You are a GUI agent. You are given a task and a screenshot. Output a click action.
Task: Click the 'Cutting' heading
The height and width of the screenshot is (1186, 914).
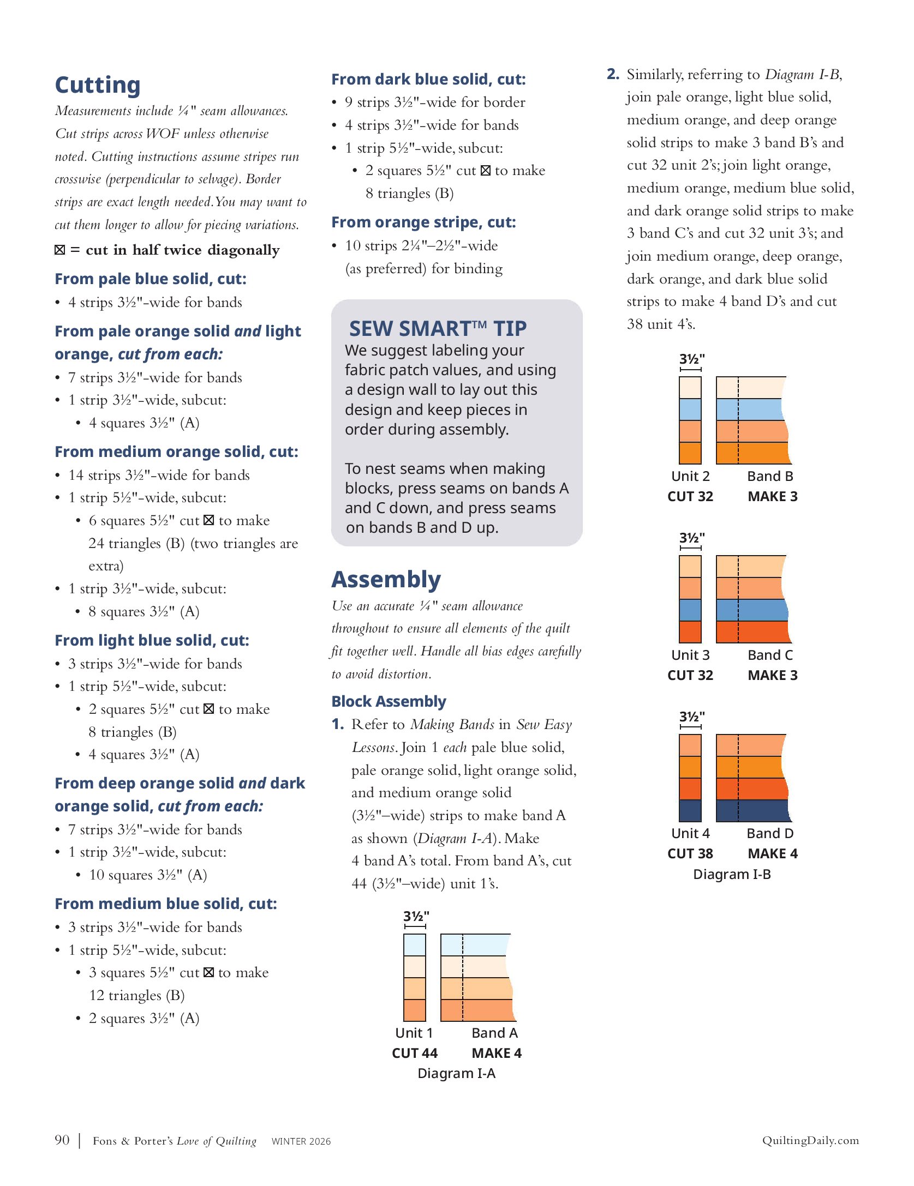pyautogui.click(x=98, y=85)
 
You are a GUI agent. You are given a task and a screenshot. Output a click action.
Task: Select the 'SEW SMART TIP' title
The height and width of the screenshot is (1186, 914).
pyautogui.click(x=438, y=329)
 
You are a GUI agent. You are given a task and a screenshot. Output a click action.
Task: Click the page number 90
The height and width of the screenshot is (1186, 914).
pyautogui.click(x=62, y=1140)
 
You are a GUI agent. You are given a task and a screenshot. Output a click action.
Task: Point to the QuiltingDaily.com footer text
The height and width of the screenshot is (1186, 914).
pyautogui.click(x=810, y=1140)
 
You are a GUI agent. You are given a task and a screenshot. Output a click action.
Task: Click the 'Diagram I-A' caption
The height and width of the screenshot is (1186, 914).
pyautogui.click(x=456, y=1073)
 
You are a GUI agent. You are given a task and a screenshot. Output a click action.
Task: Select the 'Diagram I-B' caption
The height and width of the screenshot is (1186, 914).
pyautogui.click(x=732, y=874)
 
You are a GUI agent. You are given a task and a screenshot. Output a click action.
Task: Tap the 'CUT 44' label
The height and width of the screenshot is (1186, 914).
pyautogui.click(x=414, y=1053)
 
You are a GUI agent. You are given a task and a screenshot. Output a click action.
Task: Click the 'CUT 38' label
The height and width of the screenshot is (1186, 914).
pyautogui.click(x=690, y=853)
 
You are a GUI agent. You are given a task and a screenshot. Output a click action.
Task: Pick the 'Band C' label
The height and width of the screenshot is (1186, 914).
pyautogui.click(x=770, y=655)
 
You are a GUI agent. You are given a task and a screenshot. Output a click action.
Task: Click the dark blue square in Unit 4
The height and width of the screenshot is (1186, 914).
pyautogui.click(x=690, y=810)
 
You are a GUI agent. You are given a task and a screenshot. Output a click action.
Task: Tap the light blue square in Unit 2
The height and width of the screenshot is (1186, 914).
pyautogui.click(x=690, y=409)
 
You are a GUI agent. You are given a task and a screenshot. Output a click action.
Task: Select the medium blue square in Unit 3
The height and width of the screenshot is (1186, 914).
pyautogui.click(x=690, y=610)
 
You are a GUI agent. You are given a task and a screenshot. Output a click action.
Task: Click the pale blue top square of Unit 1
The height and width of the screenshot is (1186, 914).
pyautogui.click(x=414, y=944)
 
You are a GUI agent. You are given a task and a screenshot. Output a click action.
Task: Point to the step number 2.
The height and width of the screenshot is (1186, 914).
pyautogui.click(x=613, y=74)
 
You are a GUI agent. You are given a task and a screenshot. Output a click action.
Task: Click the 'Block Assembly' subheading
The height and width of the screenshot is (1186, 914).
pyautogui.click(x=389, y=701)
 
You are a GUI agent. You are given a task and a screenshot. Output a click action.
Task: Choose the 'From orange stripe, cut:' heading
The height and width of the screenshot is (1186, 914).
pyautogui.click(x=423, y=222)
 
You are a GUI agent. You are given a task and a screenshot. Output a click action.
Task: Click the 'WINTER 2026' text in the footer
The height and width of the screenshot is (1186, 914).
pyautogui.click(x=301, y=1141)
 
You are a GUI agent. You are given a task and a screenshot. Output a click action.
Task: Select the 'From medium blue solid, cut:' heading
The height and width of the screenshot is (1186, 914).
pyautogui.click(x=166, y=904)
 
